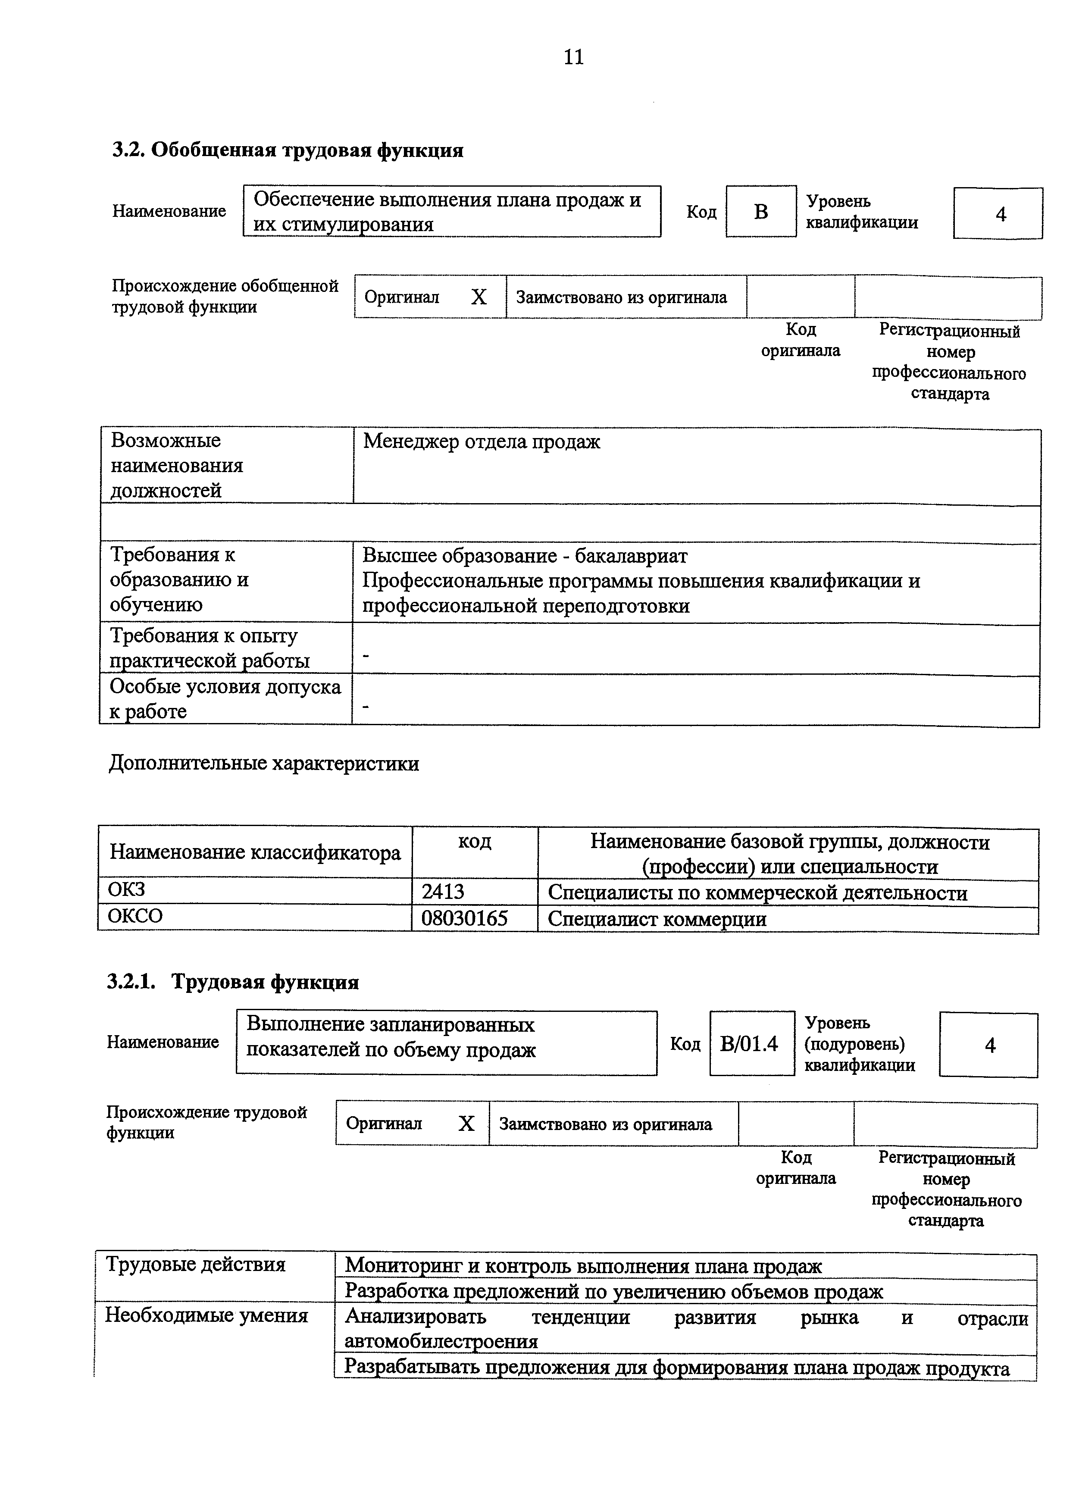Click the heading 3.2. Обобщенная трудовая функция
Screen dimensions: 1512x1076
tap(288, 150)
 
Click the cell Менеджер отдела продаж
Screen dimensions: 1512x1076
tap(482, 441)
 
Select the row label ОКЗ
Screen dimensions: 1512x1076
tap(127, 889)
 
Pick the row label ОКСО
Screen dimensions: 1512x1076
tap(135, 916)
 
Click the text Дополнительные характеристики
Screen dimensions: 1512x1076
tap(264, 763)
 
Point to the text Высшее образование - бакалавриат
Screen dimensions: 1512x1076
tap(525, 556)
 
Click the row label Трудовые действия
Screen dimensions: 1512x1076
tap(195, 1264)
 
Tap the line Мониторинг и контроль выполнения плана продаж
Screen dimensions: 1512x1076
tap(583, 1266)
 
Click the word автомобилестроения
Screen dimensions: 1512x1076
tap(441, 1341)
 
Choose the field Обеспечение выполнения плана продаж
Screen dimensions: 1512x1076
tap(448, 200)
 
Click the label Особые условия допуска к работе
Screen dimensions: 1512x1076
tap(225, 698)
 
